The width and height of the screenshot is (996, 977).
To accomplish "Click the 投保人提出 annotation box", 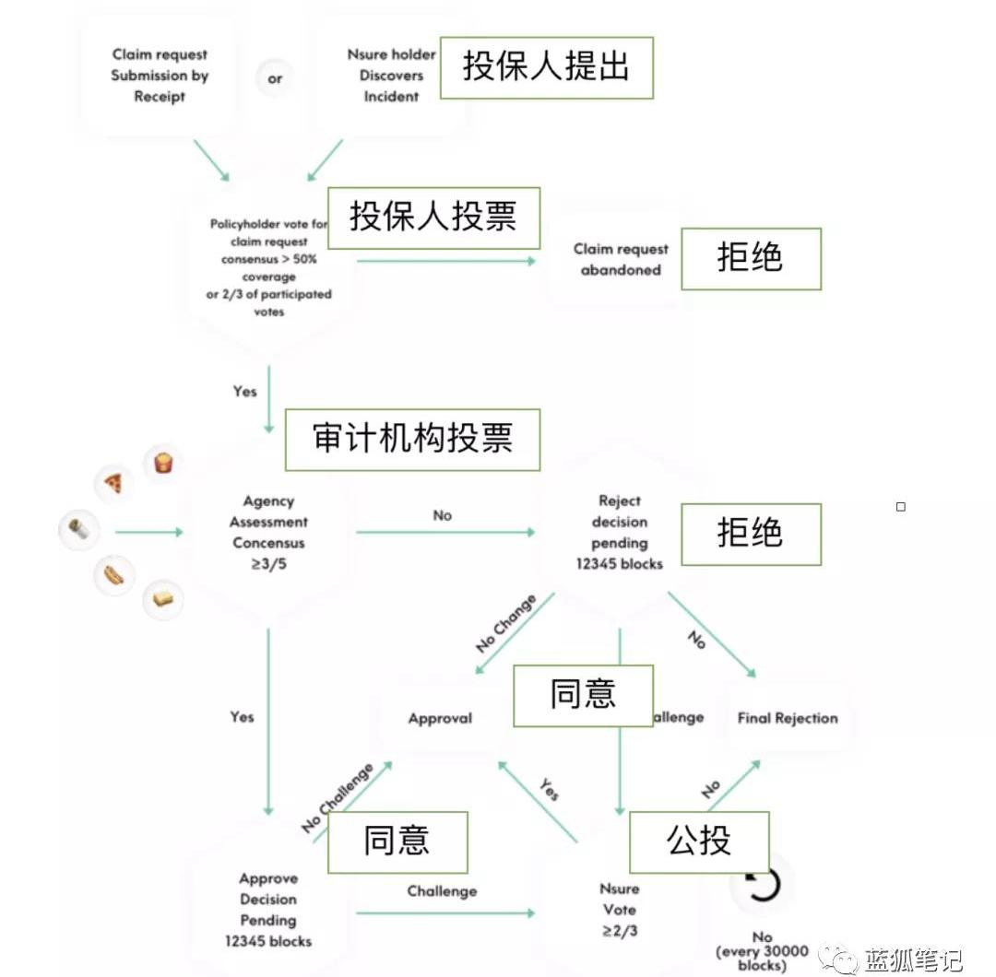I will coord(546,67).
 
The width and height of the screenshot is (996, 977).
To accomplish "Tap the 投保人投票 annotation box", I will coord(433,218).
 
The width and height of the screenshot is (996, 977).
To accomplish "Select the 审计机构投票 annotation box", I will coord(412,440).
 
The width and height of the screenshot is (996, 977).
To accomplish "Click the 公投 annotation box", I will coord(699,842).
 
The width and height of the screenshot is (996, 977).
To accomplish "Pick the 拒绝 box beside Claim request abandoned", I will coord(751,259).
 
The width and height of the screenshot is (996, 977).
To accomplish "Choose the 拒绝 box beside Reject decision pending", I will coord(751,534).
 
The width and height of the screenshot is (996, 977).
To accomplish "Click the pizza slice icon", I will coord(113,483).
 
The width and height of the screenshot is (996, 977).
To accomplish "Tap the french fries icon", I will coord(163,462).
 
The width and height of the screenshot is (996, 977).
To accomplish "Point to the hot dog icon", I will coord(113,576).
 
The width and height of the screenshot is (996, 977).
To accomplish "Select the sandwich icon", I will coord(163,599).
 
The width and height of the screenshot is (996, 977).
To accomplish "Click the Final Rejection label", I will coord(788,718).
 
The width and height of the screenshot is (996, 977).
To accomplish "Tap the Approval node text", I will coord(440,718).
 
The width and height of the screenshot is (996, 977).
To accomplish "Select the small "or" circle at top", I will coord(275,78).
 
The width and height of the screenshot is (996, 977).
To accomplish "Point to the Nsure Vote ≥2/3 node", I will coord(619,910).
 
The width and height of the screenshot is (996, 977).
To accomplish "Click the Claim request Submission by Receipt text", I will coord(160,76).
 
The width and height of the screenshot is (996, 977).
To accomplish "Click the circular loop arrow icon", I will coord(761,884).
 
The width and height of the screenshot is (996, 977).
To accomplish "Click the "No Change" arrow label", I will coord(505,624).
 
